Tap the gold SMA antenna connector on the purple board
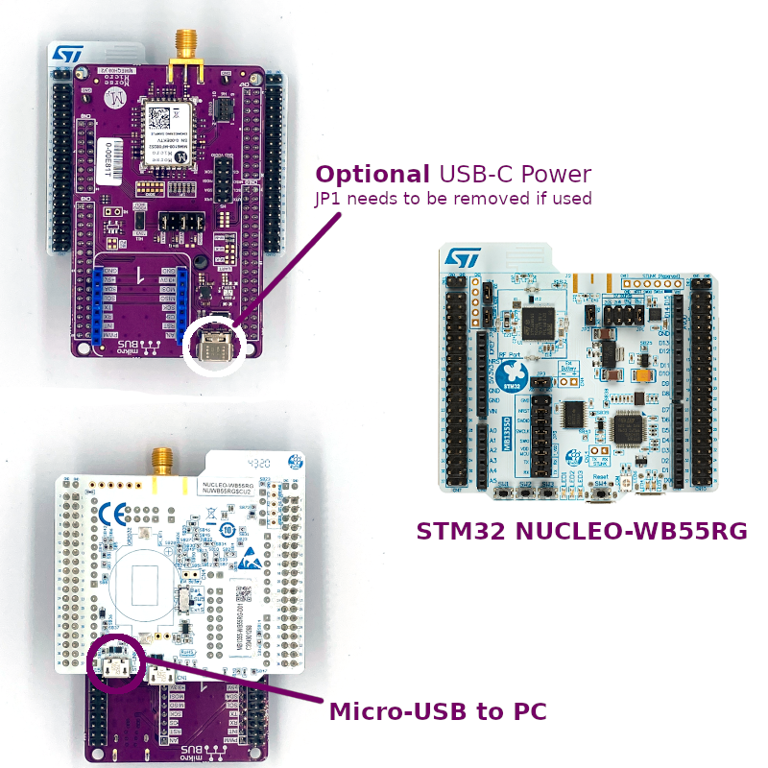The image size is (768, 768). click(182, 52)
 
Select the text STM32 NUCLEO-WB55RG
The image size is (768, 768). click(582, 531)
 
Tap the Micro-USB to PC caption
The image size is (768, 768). click(438, 711)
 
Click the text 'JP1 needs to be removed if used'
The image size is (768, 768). click(453, 199)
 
